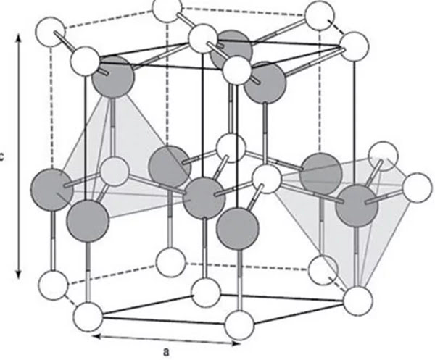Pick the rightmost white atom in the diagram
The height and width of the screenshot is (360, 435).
[417, 187]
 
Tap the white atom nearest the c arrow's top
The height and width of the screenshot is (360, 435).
[50, 33]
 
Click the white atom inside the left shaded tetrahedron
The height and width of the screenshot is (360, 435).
[114, 170]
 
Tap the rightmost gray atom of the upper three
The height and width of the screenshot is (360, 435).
[261, 85]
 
